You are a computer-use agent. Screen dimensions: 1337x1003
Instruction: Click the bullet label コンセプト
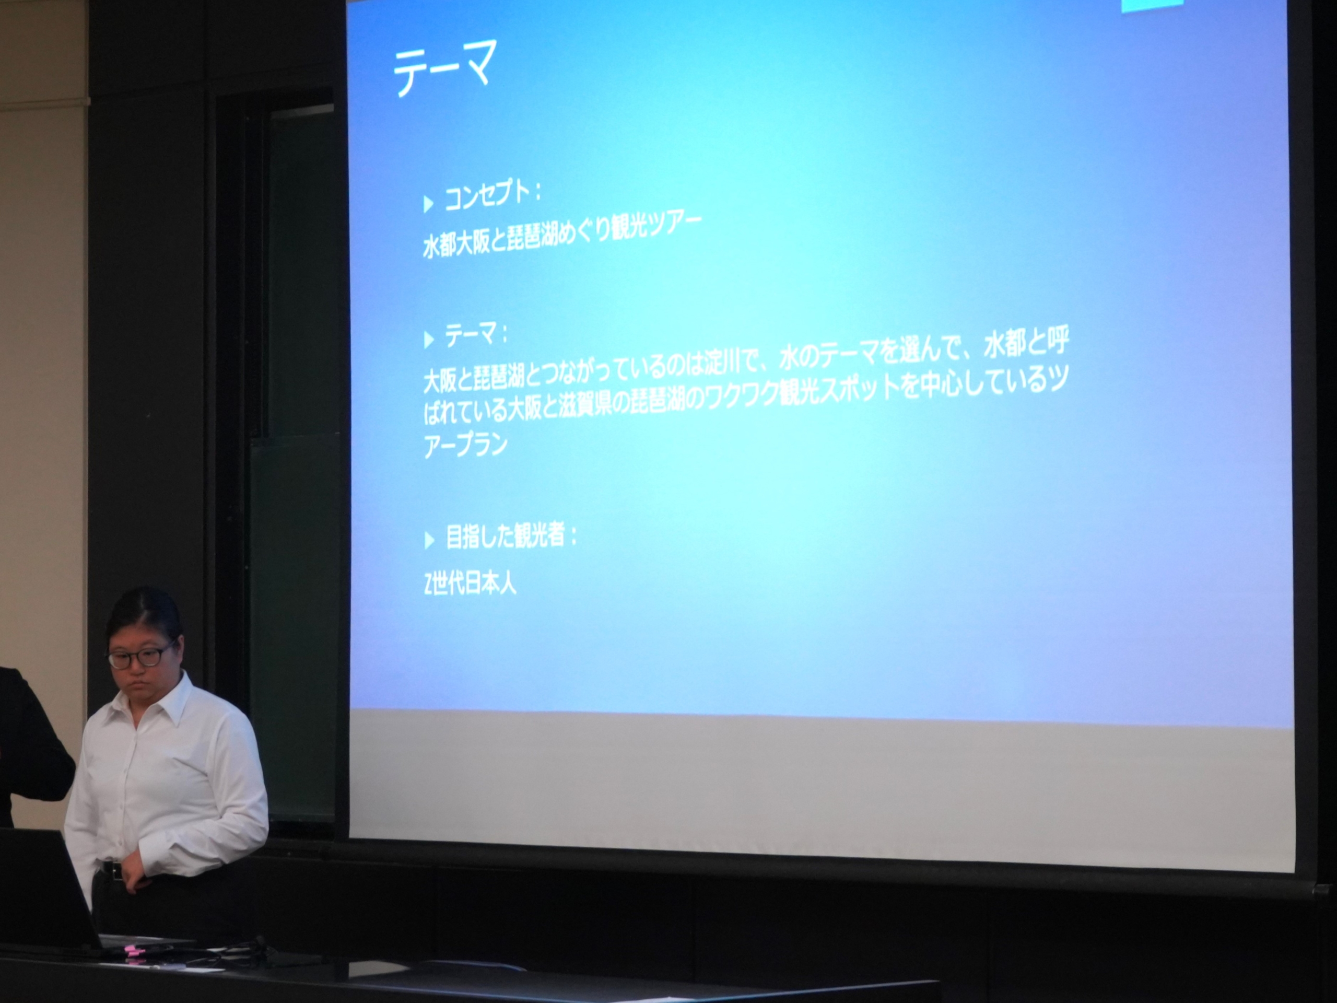coord(487,196)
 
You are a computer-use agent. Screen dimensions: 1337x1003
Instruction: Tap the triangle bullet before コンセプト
coord(429,204)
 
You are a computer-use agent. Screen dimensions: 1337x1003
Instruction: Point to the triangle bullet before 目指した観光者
coord(429,540)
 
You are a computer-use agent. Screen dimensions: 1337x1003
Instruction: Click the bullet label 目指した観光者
coord(505,535)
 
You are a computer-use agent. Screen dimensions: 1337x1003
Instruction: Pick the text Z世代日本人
coord(470,585)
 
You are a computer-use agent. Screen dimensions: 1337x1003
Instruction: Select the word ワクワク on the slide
coord(734,396)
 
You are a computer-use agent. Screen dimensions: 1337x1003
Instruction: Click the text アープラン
coord(465,445)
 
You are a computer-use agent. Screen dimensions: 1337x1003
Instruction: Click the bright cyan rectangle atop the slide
coord(1151,5)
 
